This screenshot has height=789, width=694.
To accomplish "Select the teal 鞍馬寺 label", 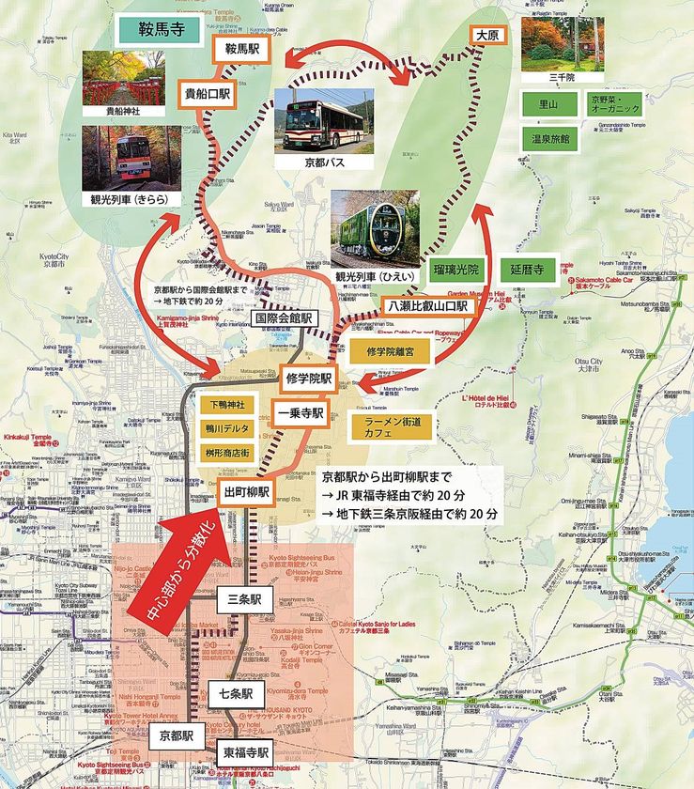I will (x=160, y=30).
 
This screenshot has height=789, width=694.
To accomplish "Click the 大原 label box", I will (x=486, y=35).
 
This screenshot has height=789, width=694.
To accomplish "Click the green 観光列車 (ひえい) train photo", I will (x=374, y=227).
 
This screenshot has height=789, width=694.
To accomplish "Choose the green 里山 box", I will (x=547, y=103).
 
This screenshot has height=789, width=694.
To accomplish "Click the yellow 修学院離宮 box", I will (x=389, y=352).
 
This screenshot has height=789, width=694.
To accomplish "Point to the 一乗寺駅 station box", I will (x=300, y=413).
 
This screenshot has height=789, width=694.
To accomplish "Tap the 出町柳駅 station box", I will (x=246, y=490).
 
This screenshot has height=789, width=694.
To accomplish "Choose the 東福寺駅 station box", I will (x=245, y=752).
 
